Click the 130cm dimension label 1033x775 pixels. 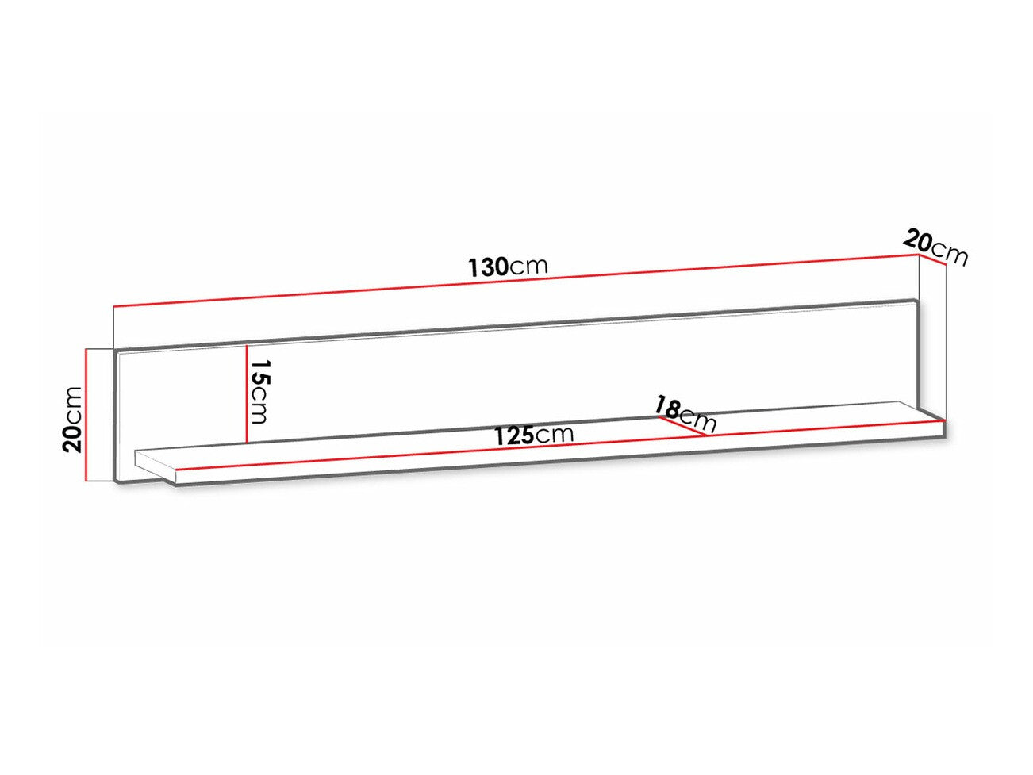point(508,267)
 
